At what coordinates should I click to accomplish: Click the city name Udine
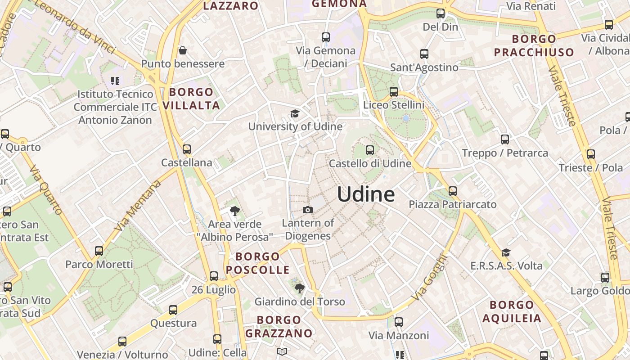(366, 194)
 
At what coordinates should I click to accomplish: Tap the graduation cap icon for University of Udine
(295, 113)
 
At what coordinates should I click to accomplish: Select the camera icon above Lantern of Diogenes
(308, 210)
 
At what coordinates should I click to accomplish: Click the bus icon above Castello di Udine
(370, 150)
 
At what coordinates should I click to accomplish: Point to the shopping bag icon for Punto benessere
(183, 50)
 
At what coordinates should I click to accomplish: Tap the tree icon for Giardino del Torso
(299, 288)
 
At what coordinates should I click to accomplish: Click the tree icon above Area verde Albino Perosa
(234, 211)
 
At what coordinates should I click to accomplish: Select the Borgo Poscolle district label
(258, 263)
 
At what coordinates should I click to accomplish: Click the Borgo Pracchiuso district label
(534, 45)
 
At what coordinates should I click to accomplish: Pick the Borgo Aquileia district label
(512, 312)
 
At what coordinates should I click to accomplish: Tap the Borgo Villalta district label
(191, 99)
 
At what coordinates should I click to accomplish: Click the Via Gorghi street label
(430, 278)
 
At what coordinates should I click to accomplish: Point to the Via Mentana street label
(138, 206)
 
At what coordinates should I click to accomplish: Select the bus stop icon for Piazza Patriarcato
(453, 191)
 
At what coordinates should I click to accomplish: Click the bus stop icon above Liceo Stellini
(394, 92)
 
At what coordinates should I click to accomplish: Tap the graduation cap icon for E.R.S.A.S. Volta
(506, 252)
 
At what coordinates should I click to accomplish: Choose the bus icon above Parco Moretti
(99, 251)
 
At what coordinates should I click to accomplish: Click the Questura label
(173, 323)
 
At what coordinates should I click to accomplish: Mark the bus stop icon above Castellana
(187, 149)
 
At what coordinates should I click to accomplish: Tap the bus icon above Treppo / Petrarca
(505, 139)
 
